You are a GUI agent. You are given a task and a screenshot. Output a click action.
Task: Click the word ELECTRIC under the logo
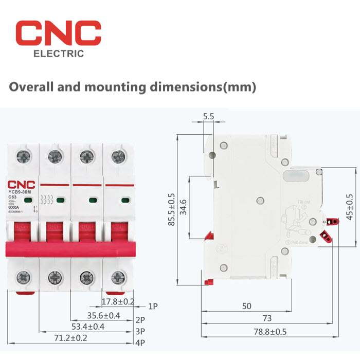click(58, 54)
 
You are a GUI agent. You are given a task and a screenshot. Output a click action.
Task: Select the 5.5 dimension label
click(208, 117)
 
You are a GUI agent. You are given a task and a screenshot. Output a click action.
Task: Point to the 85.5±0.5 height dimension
click(172, 210)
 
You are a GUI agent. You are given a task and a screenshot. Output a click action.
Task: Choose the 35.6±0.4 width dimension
click(103, 315)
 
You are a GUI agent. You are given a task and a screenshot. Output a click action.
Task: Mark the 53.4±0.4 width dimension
click(88, 327)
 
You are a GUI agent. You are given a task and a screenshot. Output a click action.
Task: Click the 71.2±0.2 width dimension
click(70, 339)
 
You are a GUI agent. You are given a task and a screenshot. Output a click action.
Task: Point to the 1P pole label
click(153, 306)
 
